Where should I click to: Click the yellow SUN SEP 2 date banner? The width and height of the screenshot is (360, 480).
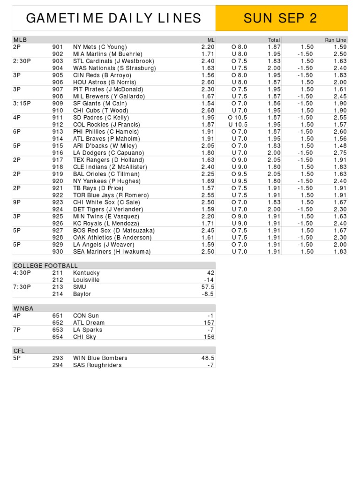coord(281,18)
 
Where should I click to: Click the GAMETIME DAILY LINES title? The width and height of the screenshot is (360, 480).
coord(113,18)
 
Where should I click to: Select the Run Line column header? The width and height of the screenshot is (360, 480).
coord(336,40)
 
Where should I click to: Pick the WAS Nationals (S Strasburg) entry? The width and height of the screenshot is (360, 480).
coord(114,68)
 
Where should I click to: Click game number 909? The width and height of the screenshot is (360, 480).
coord(58,103)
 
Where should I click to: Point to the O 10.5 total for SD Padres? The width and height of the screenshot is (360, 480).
coord(238,117)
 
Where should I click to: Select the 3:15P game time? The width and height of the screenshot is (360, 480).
coord(22,103)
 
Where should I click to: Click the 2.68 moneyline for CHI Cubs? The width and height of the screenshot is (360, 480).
coord(208,110)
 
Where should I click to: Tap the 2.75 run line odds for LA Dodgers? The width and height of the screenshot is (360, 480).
coord(340,153)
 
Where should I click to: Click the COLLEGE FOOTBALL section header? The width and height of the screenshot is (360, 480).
coord(45,266)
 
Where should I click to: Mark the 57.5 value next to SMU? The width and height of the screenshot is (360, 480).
coord(208,287)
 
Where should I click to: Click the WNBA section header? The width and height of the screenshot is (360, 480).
coord(23,308)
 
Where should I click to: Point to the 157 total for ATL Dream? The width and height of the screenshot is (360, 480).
coord(209,322)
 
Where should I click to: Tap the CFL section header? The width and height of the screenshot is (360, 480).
coord(19,351)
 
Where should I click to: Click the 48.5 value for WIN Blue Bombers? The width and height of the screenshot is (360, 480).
coord(208,358)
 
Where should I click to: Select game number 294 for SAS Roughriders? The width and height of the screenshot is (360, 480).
coord(58,365)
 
